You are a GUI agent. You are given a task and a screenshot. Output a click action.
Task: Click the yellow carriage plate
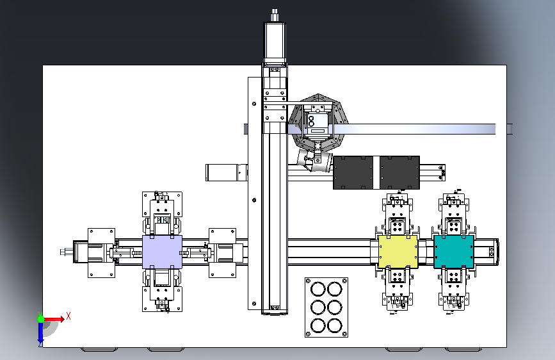398,252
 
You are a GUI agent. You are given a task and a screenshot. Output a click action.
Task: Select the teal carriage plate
454,252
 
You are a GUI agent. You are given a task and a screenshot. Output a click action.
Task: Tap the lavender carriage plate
162,252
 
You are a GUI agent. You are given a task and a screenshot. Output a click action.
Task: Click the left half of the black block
353,172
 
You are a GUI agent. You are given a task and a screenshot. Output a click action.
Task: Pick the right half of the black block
399,172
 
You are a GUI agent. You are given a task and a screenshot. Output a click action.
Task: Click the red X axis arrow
53,319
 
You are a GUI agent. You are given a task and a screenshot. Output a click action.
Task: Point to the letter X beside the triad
68,316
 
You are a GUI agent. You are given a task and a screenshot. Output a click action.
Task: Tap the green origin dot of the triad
41,319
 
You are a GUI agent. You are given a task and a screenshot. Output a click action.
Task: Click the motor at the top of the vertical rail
275,42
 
